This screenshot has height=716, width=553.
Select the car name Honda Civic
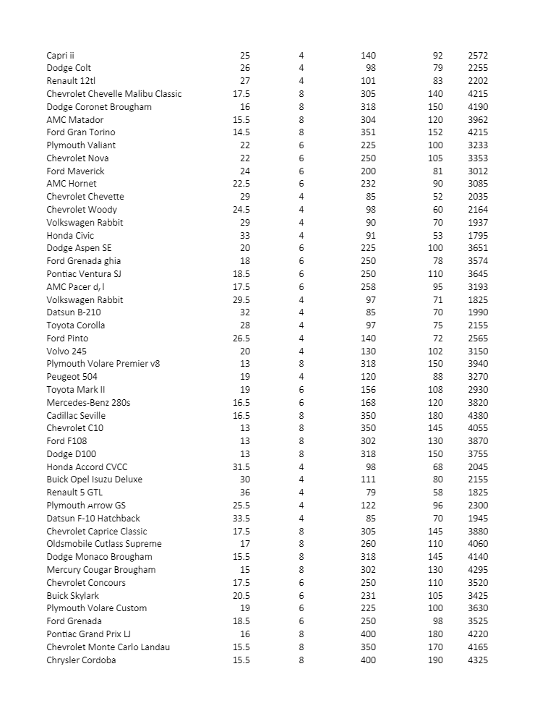point(70,236)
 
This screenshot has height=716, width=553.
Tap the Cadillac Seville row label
point(76,416)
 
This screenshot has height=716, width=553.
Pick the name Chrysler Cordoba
point(81,660)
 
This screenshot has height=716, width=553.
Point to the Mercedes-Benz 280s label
point(88,403)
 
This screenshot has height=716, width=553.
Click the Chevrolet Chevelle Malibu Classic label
point(114,94)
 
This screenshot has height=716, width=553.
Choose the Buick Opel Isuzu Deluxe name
point(95,480)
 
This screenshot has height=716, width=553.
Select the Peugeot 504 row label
point(72,377)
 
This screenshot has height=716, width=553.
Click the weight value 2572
point(478,56)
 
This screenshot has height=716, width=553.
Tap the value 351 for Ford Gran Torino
point(368,132)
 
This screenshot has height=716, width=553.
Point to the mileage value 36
point(245,493)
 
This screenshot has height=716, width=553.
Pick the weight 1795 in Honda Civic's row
point(478,236)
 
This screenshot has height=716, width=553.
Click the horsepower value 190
point(435,660)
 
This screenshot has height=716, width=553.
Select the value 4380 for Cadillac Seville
point(478,416)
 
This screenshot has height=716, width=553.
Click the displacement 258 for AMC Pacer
point(368,287)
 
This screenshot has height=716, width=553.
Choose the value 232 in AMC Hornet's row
point(368,184)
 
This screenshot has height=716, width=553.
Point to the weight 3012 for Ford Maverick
point(478,171)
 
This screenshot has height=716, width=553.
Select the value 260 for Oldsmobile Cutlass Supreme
point(368,544)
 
